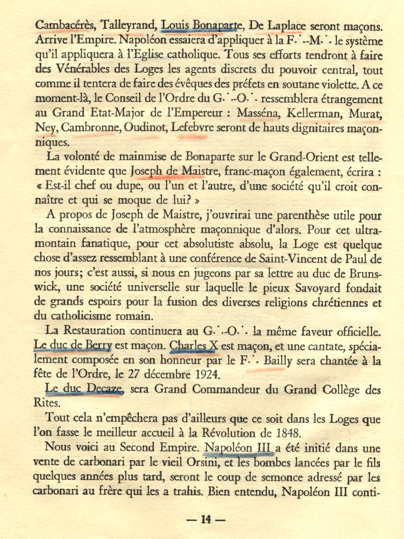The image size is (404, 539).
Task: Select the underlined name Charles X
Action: [x=193, y=347]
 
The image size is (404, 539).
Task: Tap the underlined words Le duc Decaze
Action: [x=85, y=390]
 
